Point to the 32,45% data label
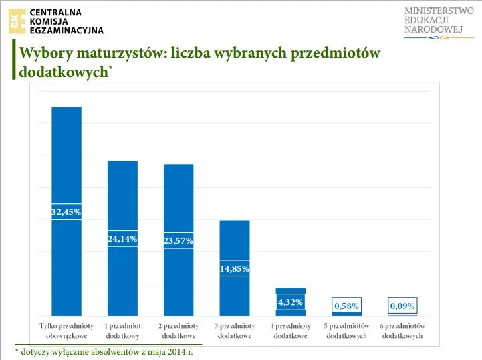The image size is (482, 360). click(66, 212)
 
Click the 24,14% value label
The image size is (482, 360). click(122, 239)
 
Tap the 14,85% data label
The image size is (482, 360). click(235, 269)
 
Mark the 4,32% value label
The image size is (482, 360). click(291, 302)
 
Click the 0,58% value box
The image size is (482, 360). click(346, 306)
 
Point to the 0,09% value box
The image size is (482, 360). click(402, 306)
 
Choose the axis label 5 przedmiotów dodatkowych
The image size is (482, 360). click(346, 331)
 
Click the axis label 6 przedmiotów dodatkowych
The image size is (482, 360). click(402, 331)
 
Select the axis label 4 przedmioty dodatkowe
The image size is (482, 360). click(291, 331)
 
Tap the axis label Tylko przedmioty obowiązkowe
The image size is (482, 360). click(66, 331)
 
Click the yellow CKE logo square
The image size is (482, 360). click(17, 21)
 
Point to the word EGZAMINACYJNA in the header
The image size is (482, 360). click(66, 30)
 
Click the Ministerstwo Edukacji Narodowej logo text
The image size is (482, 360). click(439, 21)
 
